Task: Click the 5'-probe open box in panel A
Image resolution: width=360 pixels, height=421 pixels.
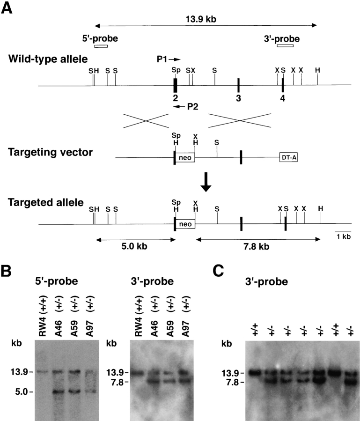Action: (101, 46)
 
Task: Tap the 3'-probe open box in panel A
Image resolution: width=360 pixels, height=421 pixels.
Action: (285, 46)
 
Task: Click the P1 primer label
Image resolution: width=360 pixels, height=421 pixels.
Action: (162, 59)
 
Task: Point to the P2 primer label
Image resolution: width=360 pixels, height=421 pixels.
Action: (193, 107)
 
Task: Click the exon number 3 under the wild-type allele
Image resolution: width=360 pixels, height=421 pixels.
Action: (238, 98)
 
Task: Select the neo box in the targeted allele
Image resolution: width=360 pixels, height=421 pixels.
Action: (185, 224)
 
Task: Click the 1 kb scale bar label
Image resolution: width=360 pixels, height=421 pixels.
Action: (343, 237)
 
